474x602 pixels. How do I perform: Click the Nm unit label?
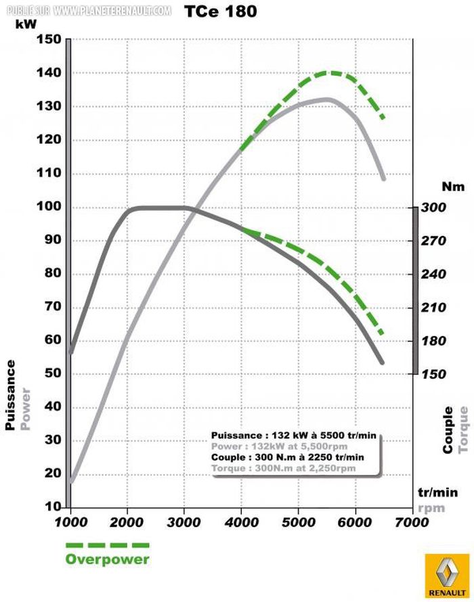tap(450, 185)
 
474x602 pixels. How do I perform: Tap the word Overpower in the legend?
tap(107, 559)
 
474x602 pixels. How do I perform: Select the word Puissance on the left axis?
tap(12, 395)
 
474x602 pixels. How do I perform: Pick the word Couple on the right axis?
tap(448, 430)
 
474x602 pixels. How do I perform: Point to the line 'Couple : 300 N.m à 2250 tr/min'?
tap(287, 457)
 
